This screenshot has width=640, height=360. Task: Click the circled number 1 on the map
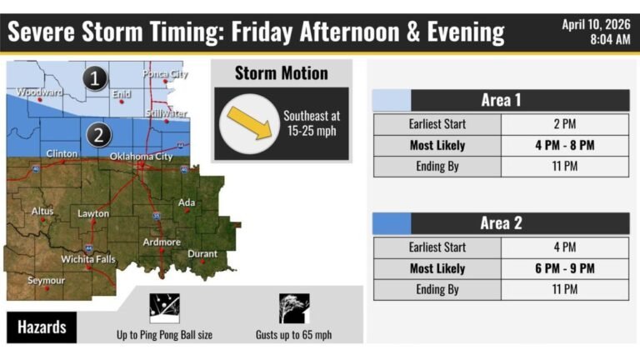point(97,79)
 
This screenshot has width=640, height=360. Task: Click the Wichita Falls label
point(87,259)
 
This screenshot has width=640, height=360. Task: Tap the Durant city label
point(202,254)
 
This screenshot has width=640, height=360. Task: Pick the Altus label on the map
point(42,212)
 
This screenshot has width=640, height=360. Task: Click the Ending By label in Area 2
point(437,289)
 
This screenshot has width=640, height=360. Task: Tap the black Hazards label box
point(42,327)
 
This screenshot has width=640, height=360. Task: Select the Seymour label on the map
point(46,281)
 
